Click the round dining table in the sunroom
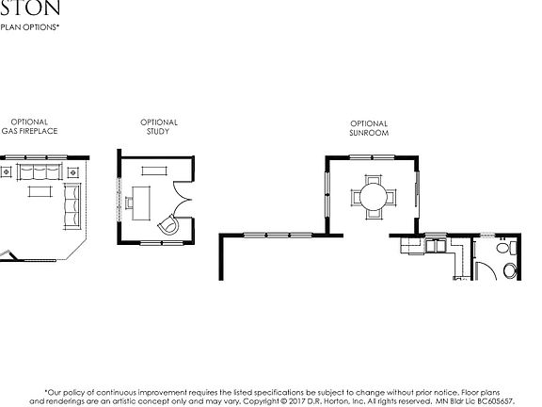[369, 197]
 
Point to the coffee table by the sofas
[40, 191]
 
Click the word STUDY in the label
[159, 131]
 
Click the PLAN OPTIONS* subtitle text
[27, 27]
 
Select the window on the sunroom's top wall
[369, 156]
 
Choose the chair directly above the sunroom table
[369, 179]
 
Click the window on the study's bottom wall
[154, 243]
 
